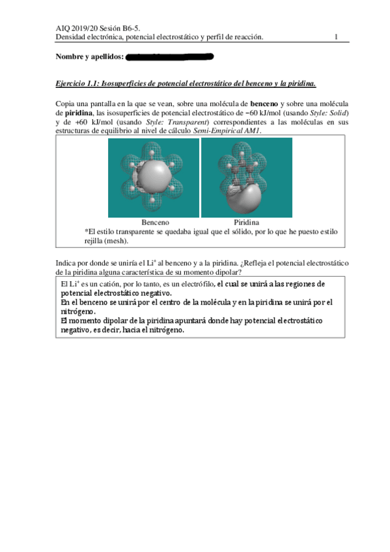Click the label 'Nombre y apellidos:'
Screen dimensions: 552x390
pyautogui.click(x=89, y=58)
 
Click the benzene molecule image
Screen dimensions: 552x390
pyautogui.click(x=154, y=177)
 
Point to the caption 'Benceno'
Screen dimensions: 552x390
pyautogui.click(x=155, y=222)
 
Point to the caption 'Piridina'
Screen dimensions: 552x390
pyautogui.click(x=246, y=222)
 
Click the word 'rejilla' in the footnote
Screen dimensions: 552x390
pyautogui.click(x=96, y=240)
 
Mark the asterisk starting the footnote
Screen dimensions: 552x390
pyautogui.click(x=87, y=230)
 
